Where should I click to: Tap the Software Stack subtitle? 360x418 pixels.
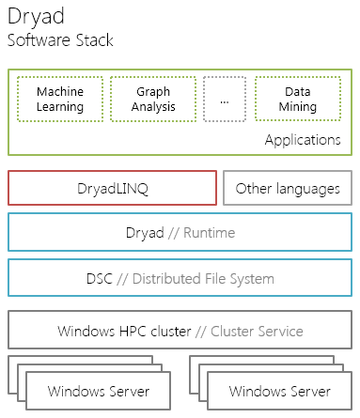tap(60, 40)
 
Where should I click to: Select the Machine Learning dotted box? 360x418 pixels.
tap(60, 100)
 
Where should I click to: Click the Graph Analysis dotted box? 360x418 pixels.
tap(153, 100)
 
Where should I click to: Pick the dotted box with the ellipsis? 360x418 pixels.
tap(224, 100)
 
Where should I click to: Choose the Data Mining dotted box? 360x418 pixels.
tap(297, 100)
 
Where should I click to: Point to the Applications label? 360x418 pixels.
tap(302, 140)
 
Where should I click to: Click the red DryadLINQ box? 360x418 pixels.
tap(112, 189)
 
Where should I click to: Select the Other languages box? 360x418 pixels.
tap(288, 189)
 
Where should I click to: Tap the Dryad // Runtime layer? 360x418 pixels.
tap(180, 233)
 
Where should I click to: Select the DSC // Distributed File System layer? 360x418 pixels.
tap(180, 278)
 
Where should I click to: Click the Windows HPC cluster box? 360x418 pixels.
tap(180, 331)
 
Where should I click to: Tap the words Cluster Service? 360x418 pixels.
tap(258, 331)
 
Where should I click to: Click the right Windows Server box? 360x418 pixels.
tap(279, 391)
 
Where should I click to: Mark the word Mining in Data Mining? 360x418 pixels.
tap(297, 107)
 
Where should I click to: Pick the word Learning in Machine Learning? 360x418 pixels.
tap(60, 107)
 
